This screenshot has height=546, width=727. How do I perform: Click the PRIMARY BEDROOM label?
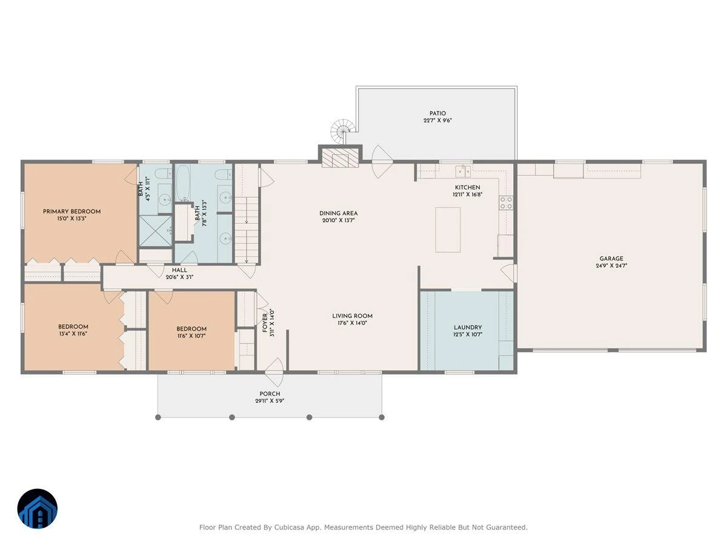point(71,212)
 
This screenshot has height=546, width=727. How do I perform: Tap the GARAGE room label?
point(611,258)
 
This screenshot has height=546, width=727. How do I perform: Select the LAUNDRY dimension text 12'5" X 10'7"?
point(468,334)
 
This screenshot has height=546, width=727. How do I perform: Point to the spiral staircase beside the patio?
point(342,131)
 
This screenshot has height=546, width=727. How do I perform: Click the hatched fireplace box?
point(340,158)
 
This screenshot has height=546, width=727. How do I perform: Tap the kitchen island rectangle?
point(448,230)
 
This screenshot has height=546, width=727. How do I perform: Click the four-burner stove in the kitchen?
point(506,203)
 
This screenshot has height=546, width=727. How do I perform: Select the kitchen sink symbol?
point(463,171)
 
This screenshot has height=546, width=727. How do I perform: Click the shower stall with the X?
point(155,231)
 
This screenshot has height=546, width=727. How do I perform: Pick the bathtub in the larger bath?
point(183,183)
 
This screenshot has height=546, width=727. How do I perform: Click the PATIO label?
point(437,113)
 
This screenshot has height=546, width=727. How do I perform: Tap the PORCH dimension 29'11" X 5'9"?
point(270,401)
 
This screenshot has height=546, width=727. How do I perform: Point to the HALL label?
point(179,270)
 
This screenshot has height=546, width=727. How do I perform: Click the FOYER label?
point(265,323)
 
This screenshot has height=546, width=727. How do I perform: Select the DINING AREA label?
point(338,213)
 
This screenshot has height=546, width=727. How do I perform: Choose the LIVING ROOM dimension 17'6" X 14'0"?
point(353,323)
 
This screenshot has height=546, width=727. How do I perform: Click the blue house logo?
point(38,508)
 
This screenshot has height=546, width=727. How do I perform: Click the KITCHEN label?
point(467,187)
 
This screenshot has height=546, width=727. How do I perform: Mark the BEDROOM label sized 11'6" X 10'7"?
point(191,329)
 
